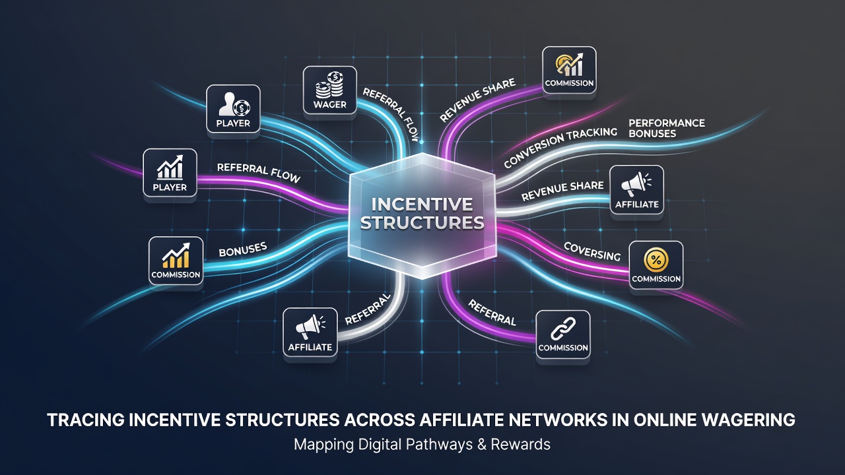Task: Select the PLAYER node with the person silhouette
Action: click(233, 109)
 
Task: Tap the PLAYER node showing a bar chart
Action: click(170, 173)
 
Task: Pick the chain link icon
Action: click(563, 328)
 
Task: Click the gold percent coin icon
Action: click(656, 260)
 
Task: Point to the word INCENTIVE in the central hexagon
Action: click(422, 205)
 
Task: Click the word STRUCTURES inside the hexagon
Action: click(422, 223)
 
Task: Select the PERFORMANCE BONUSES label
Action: click(667, 128)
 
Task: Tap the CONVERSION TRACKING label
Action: click(560, 147)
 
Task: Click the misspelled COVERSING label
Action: click(592, 251)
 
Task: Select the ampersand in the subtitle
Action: click(482, 445)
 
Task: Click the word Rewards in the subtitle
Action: click(521, 445)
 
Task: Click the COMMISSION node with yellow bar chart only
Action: click(176, 261)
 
